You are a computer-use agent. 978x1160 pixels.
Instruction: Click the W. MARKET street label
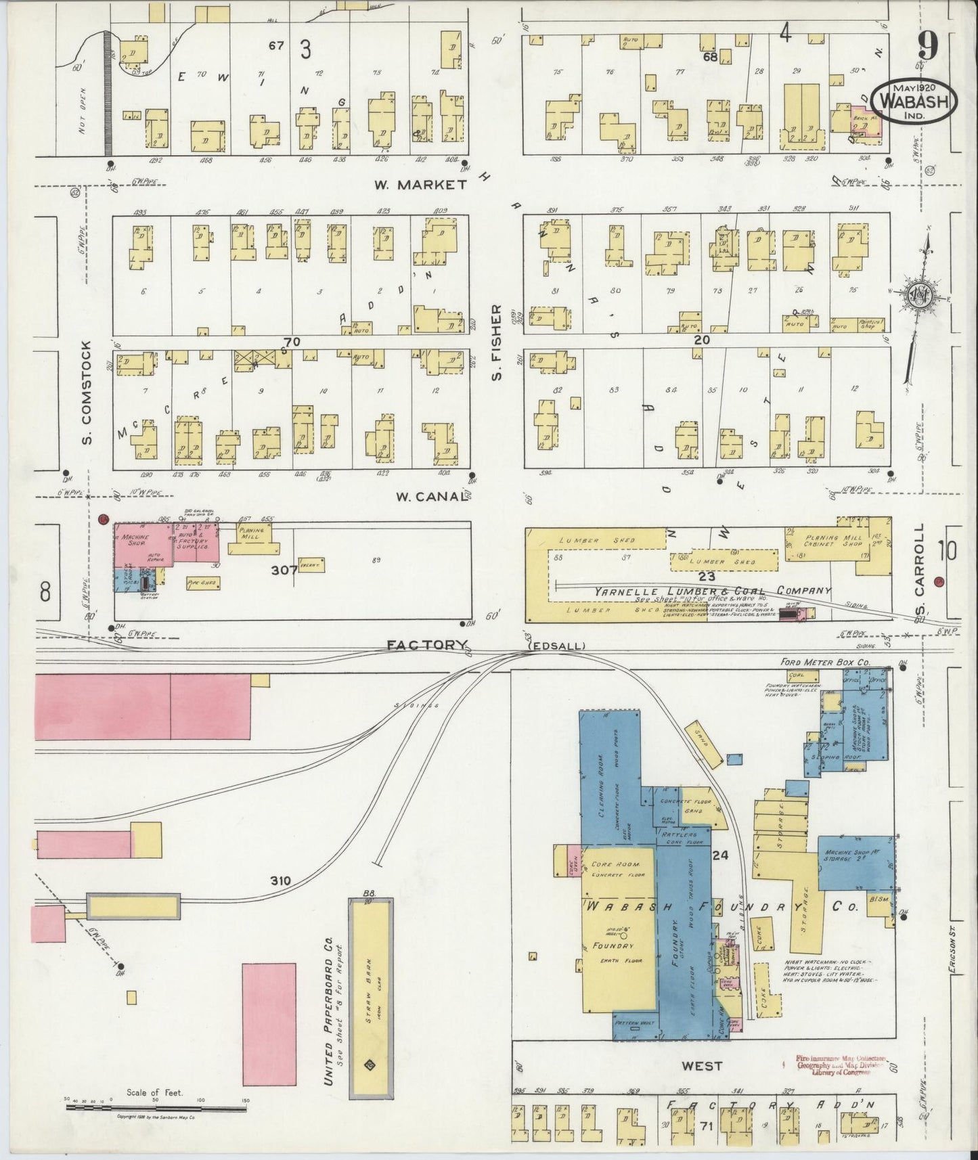pyautogui.click(x=423, y=184)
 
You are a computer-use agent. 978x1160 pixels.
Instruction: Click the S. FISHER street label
pyautogui.click(x=497, y=342)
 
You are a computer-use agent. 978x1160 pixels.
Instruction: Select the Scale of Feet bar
pyautogui.click(x=156, y=1108)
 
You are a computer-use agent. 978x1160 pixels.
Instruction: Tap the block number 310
pyautogui.click(x=280, y=880)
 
